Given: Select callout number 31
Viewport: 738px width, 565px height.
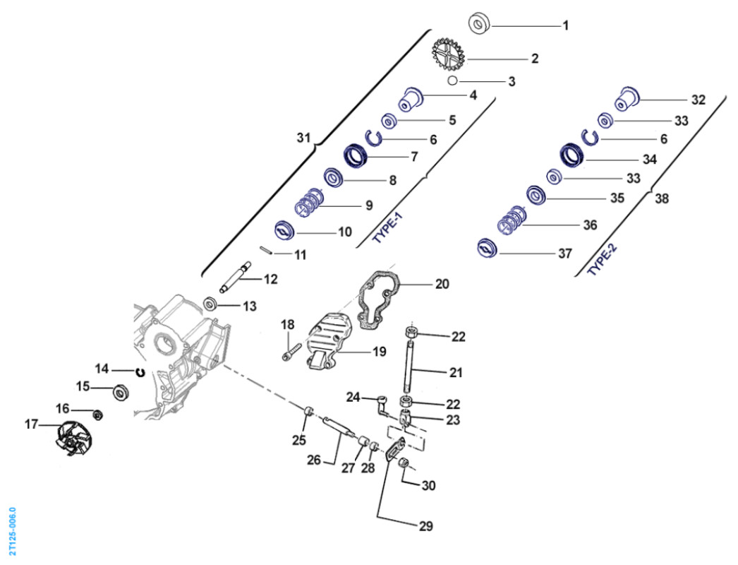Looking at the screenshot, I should [x=303, y=138].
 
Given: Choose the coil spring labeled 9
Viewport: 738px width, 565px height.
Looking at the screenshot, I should [x=308, y=203].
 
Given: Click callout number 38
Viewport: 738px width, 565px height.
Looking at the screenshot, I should [x=662, y=199].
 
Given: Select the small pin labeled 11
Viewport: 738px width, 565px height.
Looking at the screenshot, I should [x=266, y=249].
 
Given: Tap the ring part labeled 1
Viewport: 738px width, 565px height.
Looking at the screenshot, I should [x=479, y=23].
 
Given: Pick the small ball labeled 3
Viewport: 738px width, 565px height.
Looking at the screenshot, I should [x=453, y=81].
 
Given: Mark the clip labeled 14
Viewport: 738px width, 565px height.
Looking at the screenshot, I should [x=140, y=371].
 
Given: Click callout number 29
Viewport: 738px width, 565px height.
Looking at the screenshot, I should [x=425, y=526].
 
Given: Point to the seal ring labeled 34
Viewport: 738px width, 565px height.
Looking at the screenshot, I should [x=572, y=155].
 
